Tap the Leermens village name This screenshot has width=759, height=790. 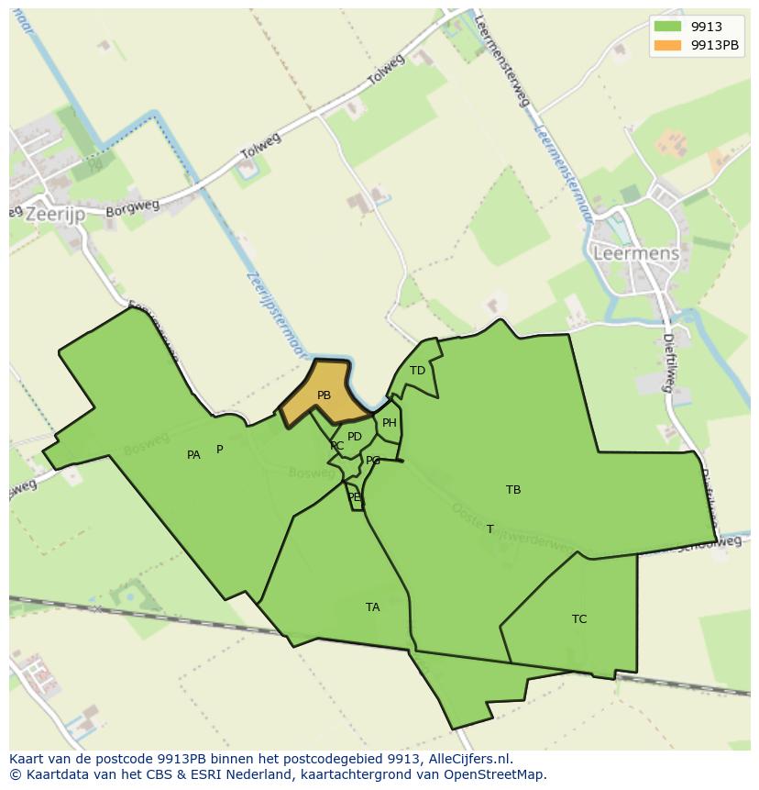point(636,253)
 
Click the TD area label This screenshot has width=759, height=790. point(417,371)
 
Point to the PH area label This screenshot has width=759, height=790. point(390,423)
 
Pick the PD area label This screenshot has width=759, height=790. point(355,437)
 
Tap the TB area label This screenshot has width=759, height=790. point(513,490)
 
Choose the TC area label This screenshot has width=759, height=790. point(579,619)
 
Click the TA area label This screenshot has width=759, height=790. point(372,607)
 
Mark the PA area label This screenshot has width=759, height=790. point(193,455)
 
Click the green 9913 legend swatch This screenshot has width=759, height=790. point(668,28)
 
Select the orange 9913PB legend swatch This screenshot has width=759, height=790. point(668,45)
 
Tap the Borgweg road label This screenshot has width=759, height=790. point(126,208)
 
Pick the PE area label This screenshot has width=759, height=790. point(354,497)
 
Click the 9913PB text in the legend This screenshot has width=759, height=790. point(715,45)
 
